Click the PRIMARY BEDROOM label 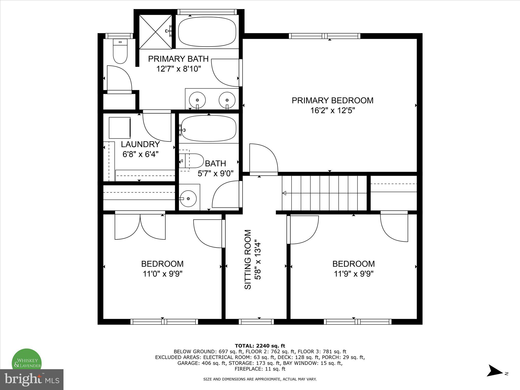[x=332, y=101]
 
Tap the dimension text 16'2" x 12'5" [x=332, y=111]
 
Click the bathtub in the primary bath [x=207, y=31]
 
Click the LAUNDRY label [x=140, y=144]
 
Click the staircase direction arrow [x=285, y=193]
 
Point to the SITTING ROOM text [x=248, y=259]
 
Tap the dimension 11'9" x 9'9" [x=353, y=274]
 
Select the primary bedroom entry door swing [x=263, y=159]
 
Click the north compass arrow [x=495, y=378]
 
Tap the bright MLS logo [x=31, y=379]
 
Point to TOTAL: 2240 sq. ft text [x=260, y=346]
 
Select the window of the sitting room [x=256, y=322]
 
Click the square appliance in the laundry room [x=120, y=128]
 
